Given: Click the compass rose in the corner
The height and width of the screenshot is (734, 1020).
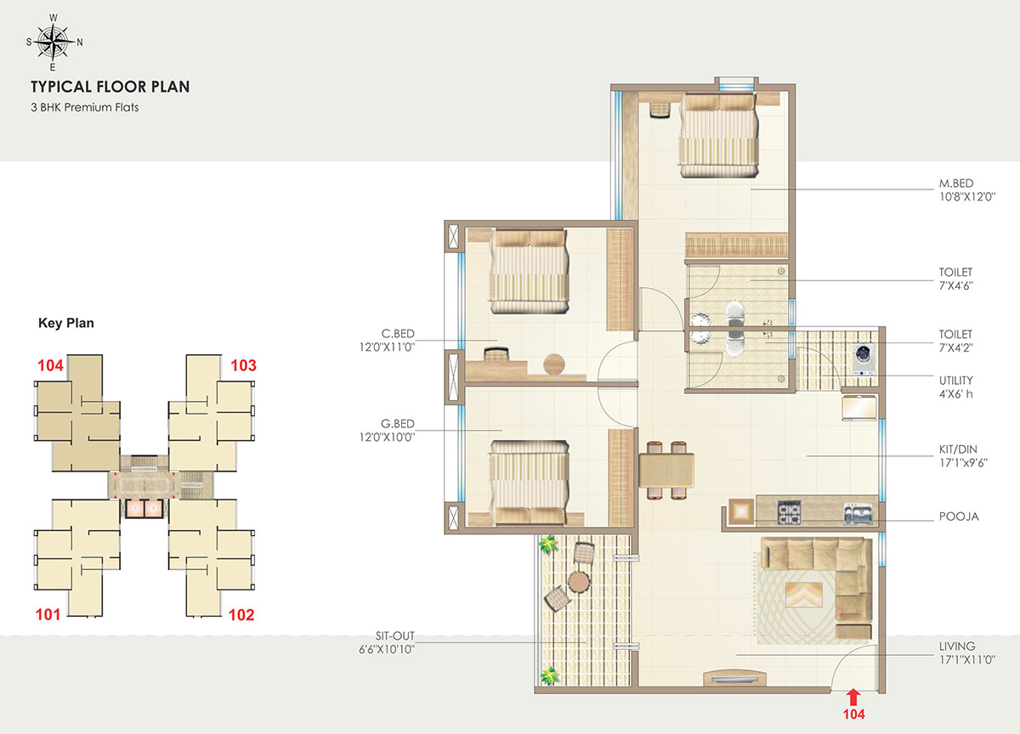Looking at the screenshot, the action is (x=54, y=42).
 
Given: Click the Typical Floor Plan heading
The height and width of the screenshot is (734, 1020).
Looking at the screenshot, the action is (x=110, y=87).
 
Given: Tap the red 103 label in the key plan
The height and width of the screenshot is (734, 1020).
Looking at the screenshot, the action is (x=243, y=365).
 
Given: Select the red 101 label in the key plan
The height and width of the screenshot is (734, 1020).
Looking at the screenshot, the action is (x=48, y=614).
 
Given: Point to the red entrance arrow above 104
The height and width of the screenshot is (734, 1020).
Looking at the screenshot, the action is (x=853, y=697).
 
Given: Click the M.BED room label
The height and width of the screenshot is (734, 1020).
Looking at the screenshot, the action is (x=955, y=183).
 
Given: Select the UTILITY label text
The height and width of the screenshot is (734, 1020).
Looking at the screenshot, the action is (x=955, y=381).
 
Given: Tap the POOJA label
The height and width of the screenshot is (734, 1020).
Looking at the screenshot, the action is (x=959, y=517).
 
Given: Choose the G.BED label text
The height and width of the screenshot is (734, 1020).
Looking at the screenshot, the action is (x=398, y=424).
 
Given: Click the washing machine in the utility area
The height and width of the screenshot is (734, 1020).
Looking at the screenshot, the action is (x=864, y=359).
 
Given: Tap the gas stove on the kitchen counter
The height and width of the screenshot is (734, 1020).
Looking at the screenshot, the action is (x=788, y=512).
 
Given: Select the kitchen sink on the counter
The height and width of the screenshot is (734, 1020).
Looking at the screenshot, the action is (x=858, y=514).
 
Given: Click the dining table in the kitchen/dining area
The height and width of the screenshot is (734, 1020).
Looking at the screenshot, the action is (x=666, y=471).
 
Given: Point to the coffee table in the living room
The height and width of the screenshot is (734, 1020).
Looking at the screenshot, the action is (x=804, y=595).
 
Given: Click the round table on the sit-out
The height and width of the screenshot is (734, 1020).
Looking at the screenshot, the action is (x=579, y=582).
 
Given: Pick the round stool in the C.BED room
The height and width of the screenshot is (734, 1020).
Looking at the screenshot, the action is (x=554, y=364).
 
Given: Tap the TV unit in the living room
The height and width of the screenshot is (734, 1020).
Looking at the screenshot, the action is (x=734, y=678).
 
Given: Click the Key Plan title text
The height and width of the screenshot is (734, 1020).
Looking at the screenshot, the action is (x=66, y=323).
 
